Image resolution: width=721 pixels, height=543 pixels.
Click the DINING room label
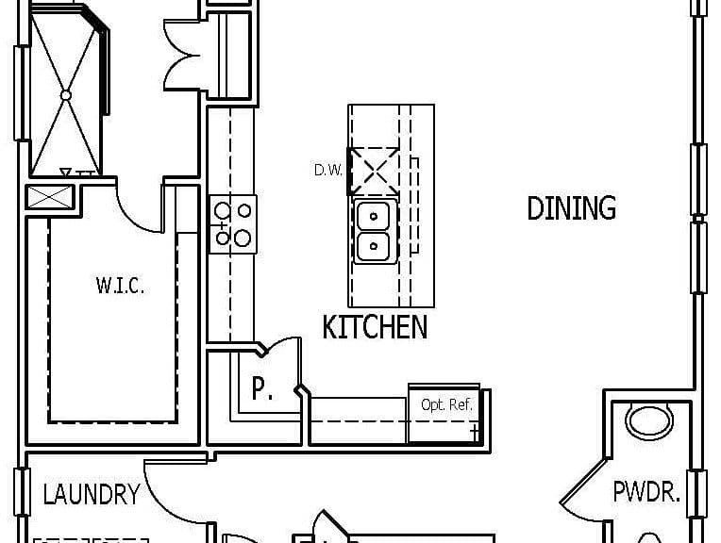(571, 207)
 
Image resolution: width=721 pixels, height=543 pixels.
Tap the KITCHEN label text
(375, 327)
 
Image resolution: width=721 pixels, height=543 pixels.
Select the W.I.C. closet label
(120, 286)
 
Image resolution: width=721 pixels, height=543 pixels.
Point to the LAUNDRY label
(92, 494)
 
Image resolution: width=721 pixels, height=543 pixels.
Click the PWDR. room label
(646, 491)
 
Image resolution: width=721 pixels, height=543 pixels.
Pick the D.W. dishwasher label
(327, 171)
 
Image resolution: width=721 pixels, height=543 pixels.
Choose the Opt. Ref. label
(446, 404)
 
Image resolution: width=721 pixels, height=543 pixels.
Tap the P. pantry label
(262, 388)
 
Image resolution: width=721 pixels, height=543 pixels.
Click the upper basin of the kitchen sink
(373, 217)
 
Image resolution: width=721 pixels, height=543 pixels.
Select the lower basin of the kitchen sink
(373, 246)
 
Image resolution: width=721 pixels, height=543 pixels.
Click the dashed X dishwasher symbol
(375, 171)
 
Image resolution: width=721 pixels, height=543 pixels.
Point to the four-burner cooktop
(233, 224)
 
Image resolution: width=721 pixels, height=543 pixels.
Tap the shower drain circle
(66, 95)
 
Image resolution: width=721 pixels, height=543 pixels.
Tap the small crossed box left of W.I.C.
(50, 197)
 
